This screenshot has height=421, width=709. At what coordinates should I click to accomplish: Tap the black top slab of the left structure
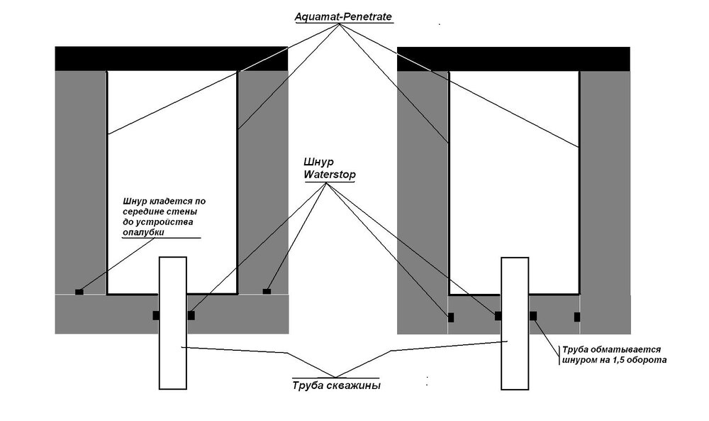(172, 58)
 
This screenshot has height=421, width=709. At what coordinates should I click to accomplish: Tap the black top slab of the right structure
(513, 58)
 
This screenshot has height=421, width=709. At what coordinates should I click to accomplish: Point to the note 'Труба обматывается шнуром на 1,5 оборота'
(610, 355)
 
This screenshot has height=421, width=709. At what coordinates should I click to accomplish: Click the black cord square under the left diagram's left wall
(79, 291)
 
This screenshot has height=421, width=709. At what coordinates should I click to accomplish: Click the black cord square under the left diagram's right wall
(267, 290)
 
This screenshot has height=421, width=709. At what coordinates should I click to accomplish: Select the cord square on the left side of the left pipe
(155, 315)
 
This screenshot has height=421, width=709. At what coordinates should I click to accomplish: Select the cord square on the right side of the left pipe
(191, 315)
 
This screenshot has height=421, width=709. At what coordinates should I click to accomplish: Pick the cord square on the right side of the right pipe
(533, 315)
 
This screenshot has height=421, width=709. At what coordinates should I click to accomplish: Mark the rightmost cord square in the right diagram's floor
(577, 317)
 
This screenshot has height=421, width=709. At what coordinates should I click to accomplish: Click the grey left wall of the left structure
(81, 177)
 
